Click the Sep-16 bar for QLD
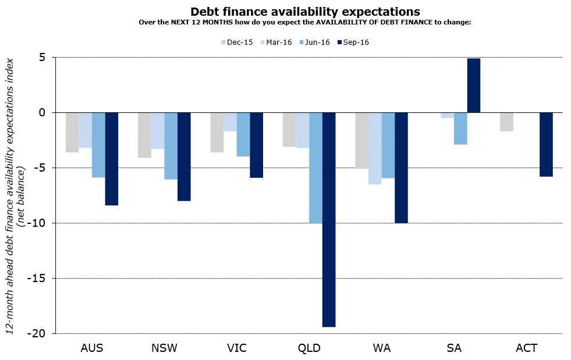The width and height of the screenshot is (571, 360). [x=329, y=219]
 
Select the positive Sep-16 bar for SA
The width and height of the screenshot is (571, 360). [x=473, y=85]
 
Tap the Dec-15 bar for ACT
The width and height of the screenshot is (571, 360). [x=507, y=122]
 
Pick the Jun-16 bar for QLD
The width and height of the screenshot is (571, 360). [x=315, y=167]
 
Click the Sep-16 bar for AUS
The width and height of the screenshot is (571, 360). [x=112, y=159]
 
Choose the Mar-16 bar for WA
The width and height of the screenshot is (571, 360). [x=375, y=148]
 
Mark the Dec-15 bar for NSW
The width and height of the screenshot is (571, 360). [x=144, y=135]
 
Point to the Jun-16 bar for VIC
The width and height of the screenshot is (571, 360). [x=243, y=134]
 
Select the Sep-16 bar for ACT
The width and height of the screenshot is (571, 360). [x=546, y=144]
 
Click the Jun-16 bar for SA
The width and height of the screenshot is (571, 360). [x=460, y=129]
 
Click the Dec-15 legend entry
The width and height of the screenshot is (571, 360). [x=236, y=42]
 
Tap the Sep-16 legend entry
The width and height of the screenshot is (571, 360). [x=353, y=42]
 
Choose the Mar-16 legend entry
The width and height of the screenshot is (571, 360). [x=275, y=42]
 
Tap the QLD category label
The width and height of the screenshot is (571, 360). [x=308, y=348]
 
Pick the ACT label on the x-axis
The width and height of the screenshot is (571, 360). [x=526, y=348]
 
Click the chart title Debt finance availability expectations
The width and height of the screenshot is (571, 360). [x=305, y=12]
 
